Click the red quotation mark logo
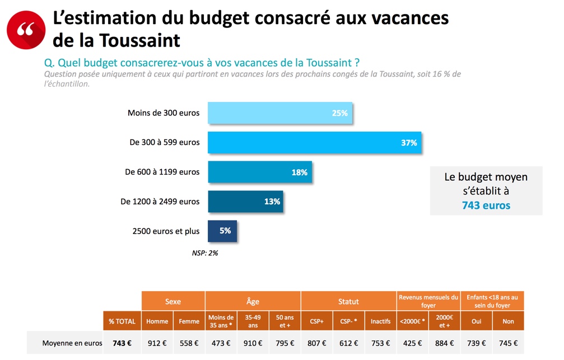click(x=26, y=30)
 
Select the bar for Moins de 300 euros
click(x=280, y=113)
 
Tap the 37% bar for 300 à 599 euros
click(x=314, y=143)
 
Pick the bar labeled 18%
click(x=260, y=172)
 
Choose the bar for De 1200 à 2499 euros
click(x=245, y=202)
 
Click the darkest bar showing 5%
click(x=222, y=231)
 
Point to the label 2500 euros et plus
click(x=166, y=231)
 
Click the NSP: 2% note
click(x=205, y=253)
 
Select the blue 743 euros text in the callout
click(x=486, y=205)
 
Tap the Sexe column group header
click(x=173, y=301)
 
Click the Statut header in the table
click(x=348, y=301)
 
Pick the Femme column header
click(x=189, y=321)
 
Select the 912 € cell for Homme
click(x=157, y=343)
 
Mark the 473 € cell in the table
click(x=221, y=343)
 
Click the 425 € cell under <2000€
click(x=412, y=343)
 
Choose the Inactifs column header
click(x=381, y=321)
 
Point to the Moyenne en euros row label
click(x=65, y=343)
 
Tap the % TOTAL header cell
click(x=122, y=321)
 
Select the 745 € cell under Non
click(x=508, y=343)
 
